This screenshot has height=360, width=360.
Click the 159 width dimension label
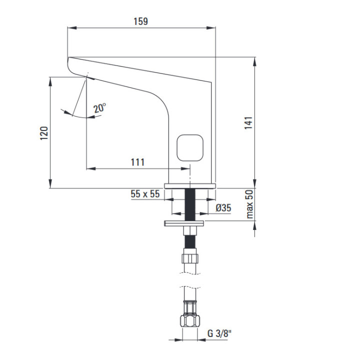point(140,21)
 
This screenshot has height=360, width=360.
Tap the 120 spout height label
point(44,133)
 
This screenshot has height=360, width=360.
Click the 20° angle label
point(99,108)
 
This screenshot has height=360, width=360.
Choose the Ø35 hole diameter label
point(222,208)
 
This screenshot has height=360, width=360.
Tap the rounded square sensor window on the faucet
point(190,147)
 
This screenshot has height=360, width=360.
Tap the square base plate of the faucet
point(190,185)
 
